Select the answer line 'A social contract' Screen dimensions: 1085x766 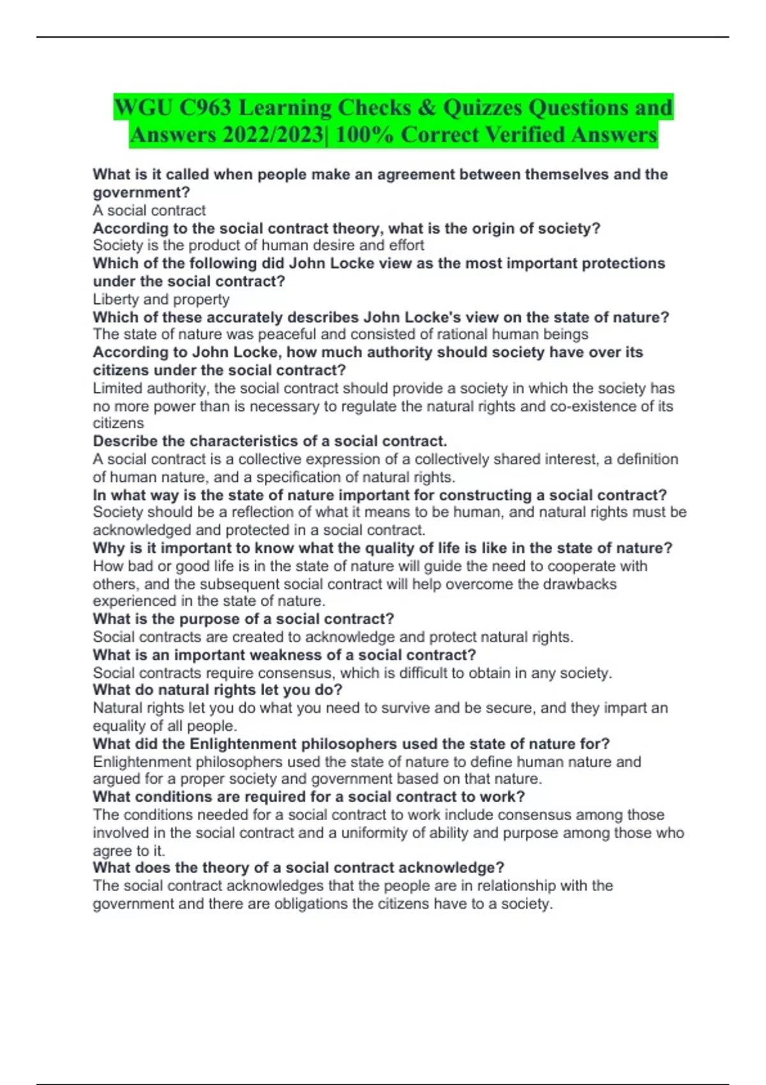[x=149, y=211]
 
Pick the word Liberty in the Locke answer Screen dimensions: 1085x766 [x=116, y=299]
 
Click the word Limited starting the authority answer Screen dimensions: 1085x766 [x=118, y=388]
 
